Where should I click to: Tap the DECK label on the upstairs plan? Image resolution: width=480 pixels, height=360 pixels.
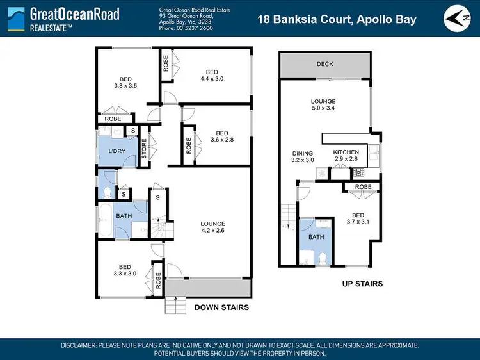tap(325, 64)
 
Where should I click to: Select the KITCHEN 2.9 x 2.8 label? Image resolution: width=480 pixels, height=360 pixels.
tap(346, 154)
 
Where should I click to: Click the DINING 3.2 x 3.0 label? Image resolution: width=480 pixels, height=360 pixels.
tap(302, 158)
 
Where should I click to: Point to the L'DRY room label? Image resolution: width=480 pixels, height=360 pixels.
tap(116, 151)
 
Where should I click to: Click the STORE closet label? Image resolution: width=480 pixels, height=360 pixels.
tap(145, 149)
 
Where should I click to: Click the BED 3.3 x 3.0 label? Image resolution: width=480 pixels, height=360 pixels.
tap(124, 270)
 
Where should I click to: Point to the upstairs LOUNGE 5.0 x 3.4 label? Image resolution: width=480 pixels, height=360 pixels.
tap(323, 105)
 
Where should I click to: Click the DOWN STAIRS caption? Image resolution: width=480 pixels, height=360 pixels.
tap(221, 307)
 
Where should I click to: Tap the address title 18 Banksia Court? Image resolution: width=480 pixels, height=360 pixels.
tap(337, 19)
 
